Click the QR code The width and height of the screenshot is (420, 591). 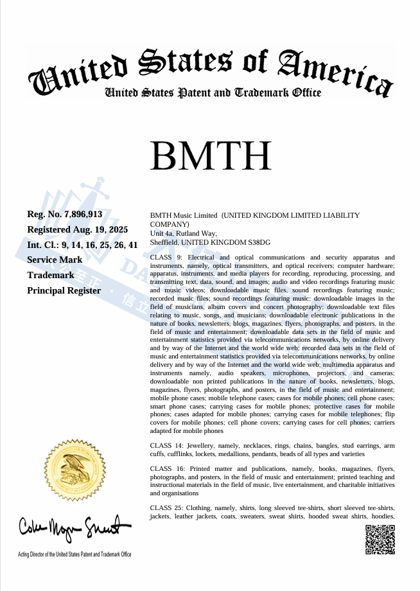pyautogui.click(x=380, y=539)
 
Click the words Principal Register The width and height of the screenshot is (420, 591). pyautogui.click(x=64, y=290)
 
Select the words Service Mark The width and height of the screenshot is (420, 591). pyautogui.click(x=55, y=260)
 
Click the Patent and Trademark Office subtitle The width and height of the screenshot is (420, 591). pyautogui.click(x=213, y=93)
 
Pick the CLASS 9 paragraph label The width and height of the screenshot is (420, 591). pyautogui.click(x=166, y=257)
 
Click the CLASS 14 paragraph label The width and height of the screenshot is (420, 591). pyautogui.click(x=168, y=445)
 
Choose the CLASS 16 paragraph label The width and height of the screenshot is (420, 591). pyautogui.click(x=168, y=469)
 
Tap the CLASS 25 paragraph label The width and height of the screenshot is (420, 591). pyautogui.click(x=168, y=508)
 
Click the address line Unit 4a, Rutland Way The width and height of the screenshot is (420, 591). pyautogui.click(x=183, y=233)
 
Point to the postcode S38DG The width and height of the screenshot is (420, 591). pyautogui.click(x=258, y=242)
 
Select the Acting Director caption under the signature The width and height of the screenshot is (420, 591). pyautogui.click(x=74, y=554)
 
